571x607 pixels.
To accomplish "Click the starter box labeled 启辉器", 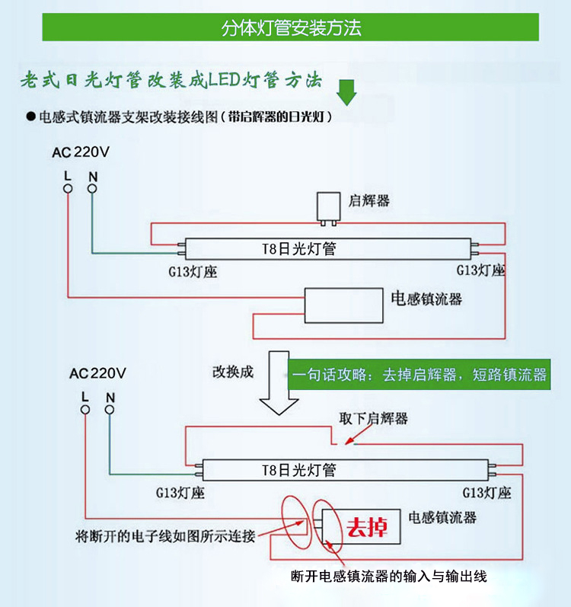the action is tap(328, 207).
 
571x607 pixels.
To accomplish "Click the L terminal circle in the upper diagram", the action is tap(68, 189).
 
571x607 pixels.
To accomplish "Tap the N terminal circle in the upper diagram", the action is tap(92, 189).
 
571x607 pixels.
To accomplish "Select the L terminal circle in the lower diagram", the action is tap(85, 410).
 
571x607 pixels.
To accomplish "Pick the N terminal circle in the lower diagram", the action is tap(110, 410).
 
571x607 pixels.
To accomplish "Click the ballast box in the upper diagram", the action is tap(343, 305).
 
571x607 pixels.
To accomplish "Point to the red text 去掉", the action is tap(367, 527).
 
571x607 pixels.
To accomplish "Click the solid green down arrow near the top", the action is tap(346, 92).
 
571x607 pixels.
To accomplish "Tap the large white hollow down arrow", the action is tap(279, 383).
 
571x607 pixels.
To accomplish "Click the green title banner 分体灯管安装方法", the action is tap(291, 27).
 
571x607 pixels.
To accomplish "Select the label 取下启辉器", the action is tap(373, 418).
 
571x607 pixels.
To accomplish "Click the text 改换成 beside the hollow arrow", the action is tap(233, 372).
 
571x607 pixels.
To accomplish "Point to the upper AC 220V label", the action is tap(81, 152).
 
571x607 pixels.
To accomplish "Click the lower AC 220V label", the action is tap(98, 374).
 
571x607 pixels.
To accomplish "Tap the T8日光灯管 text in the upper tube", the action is tap(299, 248).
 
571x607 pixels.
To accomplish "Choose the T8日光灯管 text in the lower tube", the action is tap(299, 470).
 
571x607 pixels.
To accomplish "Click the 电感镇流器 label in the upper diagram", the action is tap(426, 299).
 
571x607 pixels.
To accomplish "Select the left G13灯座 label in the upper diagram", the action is tap(193, 272).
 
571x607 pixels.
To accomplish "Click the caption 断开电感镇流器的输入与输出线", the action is tap(389, 577).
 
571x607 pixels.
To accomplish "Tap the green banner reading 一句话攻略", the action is tap(419, 375).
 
